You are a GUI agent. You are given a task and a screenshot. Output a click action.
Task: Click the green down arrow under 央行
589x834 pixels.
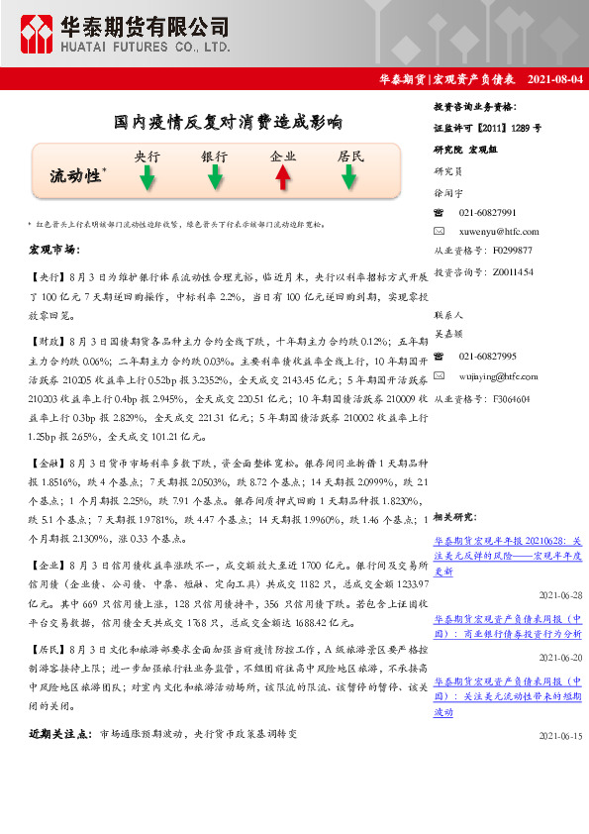coord(147,177)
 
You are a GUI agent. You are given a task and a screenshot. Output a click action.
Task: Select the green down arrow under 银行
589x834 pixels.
coord(215,177)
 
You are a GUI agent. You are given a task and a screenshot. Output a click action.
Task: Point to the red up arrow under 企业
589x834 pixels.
coord(283,177)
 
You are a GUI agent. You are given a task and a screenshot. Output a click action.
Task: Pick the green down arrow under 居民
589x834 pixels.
coord(349,177)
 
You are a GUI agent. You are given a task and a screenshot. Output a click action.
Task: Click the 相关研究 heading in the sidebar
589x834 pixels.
coord(457,516)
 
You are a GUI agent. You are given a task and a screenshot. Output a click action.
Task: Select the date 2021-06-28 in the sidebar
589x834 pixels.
coord(561,595)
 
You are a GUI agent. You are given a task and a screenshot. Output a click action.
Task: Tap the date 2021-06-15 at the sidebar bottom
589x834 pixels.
coord(561,737)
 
